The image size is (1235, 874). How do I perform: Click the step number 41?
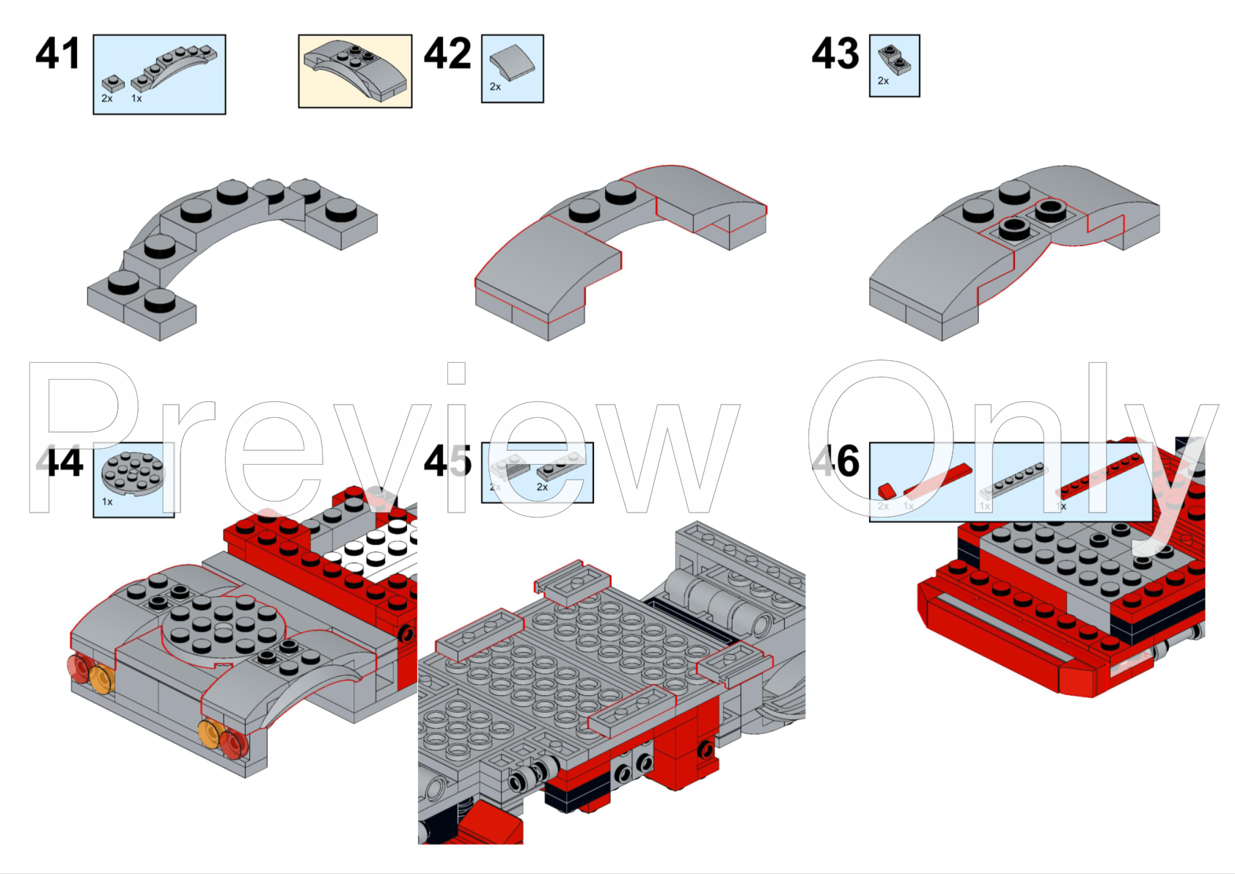pyautogui.click(x=57, y=54)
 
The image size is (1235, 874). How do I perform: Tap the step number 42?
pyautogui.click(x=447, y=54)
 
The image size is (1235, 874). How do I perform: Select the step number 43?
pyautogui.click(x=835, y=54)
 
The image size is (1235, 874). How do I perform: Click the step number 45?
pyautogui.click(x=447, y=462)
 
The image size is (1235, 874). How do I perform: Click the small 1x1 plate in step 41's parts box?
pyautogui.click(x=111, y=83)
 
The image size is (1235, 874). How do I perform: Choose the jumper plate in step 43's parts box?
pyautogui.click(x=895, y=60)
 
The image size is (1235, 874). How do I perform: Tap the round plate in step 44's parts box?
pyautogui.click(x=132, y=473)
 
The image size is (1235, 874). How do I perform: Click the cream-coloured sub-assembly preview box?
pyautogui.click(x=355, y=71)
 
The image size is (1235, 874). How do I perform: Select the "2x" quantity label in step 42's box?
pyautogui.click(x=495, y=87)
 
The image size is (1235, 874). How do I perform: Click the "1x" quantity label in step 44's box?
pyautogui.click(x=107, y=502)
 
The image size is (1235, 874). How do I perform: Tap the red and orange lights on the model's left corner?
pyautogui.click(x=91, y=672)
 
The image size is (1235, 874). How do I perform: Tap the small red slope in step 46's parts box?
pyautogui.click(x=887, y=490)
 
